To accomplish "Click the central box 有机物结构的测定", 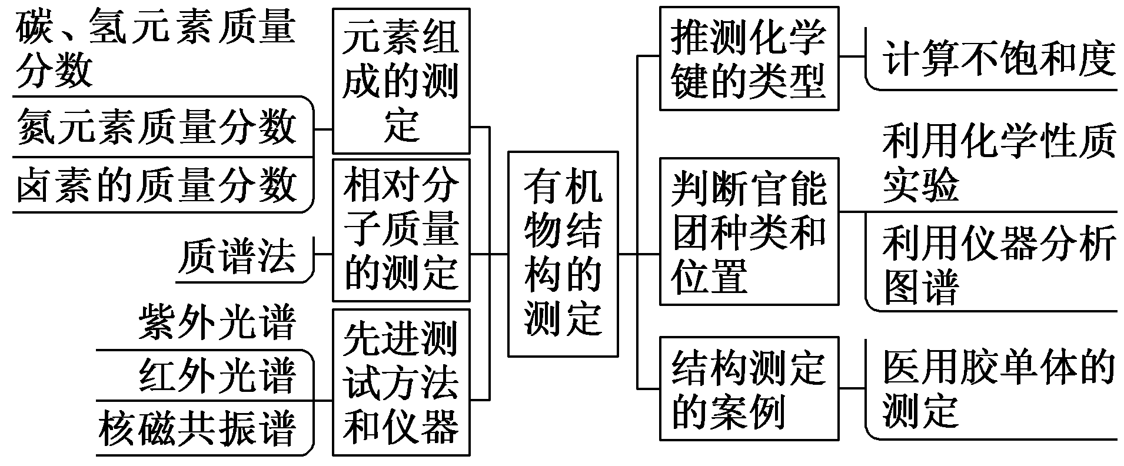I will pos(563,254).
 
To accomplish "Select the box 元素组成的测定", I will pos(401,81).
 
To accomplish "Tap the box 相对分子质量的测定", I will pos(401,229).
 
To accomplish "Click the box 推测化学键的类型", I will pos(749,58).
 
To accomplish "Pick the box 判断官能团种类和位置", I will pos(749,231).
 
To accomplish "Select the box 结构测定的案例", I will pos(749,388).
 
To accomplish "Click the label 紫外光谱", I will pos(217,322).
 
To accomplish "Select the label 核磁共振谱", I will pos(197,428).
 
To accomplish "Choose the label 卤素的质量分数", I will pos(156,184).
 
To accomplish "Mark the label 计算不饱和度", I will pos(998,59).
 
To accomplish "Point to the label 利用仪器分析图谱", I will pos(998,263).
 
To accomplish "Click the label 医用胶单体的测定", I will pos(998,388).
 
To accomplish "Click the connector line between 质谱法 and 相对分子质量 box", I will pos(324,254).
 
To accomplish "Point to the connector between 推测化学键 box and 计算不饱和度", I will pos(852,57).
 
